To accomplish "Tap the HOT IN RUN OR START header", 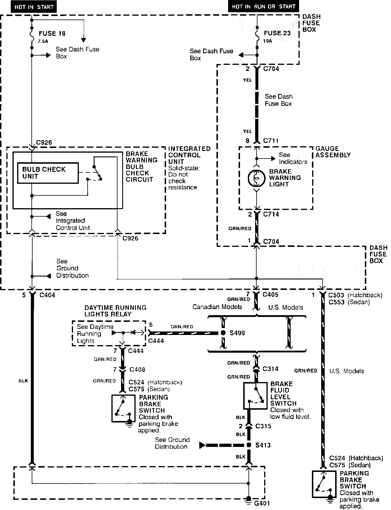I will pyautogui.click(x=264, y=6).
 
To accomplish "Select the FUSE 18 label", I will pyautogui.click(x=52, y=33).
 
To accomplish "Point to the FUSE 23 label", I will pyautogui.click(x=277, y=33).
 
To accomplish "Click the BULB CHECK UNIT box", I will pyautogui.click(x=48, y=173).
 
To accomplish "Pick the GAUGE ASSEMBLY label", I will pyautogui.click(x=333, y=152).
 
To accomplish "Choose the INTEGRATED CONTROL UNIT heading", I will pyautogui.click(x=189, y=155).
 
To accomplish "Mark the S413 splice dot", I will pyautogui.click(x=249, y=445).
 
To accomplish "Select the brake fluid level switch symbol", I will pyautogui.click(x=255, y=396).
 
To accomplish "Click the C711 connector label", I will pyautogui.click(x=271, y=141).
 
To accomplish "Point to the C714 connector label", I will pyautogui.click(x=271, y=214).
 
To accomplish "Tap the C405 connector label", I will pyautogui.click(x=270, y=295).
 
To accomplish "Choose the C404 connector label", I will pyautogui.click(x=47, y=295).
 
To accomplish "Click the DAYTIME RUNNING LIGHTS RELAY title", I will pyautogui.click(x=115, y=311).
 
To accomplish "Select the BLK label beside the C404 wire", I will pyautogui.click(x=23, y=380).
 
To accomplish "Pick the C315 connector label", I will pyautogui.click(x=263, y=426).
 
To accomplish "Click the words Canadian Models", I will pyautogui.click(x=217, y=307).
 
